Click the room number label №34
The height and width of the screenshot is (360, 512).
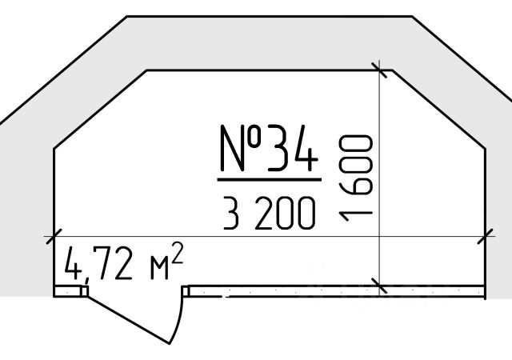coord(269,148)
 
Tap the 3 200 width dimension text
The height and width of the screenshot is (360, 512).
coord(270,213)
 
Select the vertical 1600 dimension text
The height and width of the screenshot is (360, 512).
coord(355,178)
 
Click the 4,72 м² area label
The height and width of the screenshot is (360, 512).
coord(124,262)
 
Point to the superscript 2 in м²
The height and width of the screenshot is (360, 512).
coord(177,252)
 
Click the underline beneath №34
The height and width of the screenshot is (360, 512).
coord(270,179)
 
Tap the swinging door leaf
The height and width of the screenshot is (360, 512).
coord(128,319)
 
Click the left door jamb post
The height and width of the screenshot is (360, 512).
coord(84,290)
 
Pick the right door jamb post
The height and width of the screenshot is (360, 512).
coord(186,290)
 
